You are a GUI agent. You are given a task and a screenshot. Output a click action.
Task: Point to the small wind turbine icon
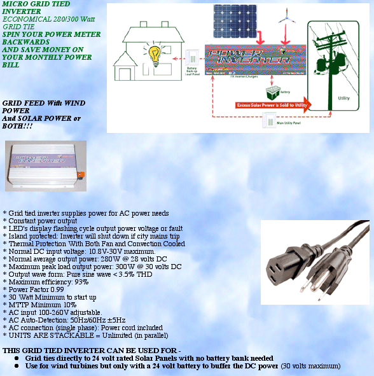tap(286, 17)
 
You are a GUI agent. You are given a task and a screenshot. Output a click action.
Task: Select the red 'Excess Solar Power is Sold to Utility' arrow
tap(272, 106)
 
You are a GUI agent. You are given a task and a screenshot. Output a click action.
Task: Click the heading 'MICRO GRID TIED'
tap(36, 3)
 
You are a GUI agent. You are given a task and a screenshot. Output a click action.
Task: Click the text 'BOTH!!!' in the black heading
tap(17, 126)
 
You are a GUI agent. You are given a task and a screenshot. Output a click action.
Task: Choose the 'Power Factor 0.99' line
tap(38, 289)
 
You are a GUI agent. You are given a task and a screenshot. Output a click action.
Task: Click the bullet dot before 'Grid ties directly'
tap(16, 358)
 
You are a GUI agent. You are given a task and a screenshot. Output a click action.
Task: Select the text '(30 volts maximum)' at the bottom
tap(310, 366)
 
